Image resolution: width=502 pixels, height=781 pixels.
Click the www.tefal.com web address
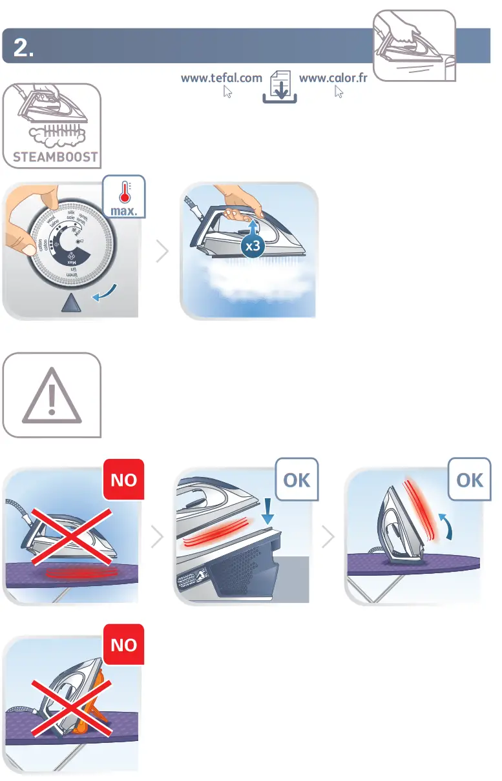(221, 78)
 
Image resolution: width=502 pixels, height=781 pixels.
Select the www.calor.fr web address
(333, 78)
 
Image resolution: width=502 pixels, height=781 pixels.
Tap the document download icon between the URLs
(280, 88)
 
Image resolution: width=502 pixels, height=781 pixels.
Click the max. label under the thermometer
(123, 212)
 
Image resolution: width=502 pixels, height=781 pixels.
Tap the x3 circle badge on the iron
(253, 246)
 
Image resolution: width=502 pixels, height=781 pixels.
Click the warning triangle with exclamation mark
(52, 394)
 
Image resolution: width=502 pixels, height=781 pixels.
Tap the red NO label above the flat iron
(123, 481)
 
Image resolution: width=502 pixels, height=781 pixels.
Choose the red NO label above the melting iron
(123, 644)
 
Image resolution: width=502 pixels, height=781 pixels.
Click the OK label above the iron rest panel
(297, 480)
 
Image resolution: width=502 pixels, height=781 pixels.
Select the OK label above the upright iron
(470, 480)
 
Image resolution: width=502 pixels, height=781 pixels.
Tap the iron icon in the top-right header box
(414, 46)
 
